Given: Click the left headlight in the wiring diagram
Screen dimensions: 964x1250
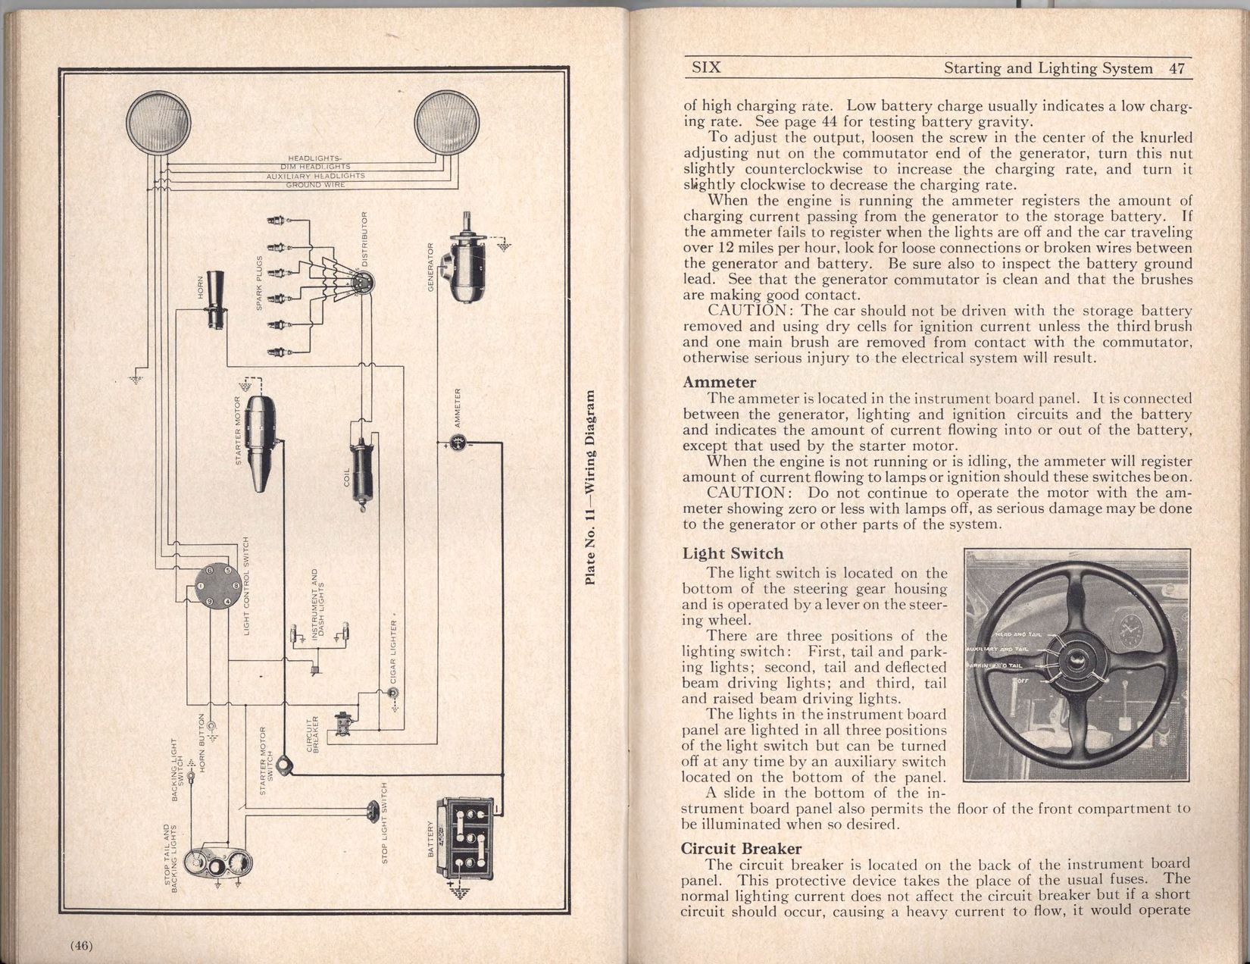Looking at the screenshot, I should (x=158, y=121).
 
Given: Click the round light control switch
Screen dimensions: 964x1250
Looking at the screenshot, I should (x=216, y=587).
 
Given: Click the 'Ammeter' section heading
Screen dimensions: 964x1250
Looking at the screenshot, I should (x=719, y=383).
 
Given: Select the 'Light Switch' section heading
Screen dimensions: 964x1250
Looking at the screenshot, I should (x=733, y=554).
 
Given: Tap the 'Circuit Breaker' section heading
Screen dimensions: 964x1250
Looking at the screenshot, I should (x=742, y=849).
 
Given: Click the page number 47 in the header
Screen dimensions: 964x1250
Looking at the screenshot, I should (x=1177, y=68).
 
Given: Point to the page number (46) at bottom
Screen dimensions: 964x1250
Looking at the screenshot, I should (x=80, y=944).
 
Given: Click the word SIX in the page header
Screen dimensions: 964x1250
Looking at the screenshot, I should (x=707, y=67).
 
